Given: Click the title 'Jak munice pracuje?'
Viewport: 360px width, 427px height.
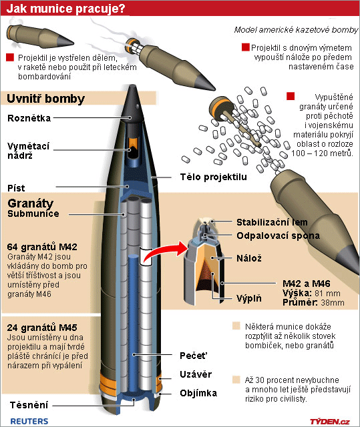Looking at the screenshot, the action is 65,9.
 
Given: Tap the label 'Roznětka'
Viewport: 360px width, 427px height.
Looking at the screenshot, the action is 29,118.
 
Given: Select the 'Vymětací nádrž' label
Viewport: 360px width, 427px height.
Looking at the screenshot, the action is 28,151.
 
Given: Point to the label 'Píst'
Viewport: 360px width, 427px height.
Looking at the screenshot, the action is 16,188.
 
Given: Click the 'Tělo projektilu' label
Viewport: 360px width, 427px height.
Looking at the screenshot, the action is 213,177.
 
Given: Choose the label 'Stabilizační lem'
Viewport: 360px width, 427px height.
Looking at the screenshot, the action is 272,222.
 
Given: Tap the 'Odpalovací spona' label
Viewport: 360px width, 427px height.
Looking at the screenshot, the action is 278,236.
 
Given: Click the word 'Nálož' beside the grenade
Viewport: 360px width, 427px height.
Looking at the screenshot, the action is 249,258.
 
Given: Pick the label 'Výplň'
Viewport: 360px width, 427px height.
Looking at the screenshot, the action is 249,298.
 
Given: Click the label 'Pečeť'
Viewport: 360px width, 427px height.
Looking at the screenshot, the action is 194,356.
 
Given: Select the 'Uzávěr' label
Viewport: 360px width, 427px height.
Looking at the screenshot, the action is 196,374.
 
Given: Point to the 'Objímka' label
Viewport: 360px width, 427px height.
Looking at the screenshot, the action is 198,393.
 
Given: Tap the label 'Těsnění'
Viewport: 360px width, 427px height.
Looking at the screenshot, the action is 29,405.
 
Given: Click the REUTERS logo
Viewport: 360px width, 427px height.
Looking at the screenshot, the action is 29,421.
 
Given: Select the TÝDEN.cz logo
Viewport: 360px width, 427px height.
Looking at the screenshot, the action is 329,422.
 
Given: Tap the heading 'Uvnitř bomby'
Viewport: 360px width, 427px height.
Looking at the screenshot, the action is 46,99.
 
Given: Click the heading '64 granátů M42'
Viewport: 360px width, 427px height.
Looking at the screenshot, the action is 42,247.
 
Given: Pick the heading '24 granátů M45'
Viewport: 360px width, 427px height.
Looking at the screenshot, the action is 42,328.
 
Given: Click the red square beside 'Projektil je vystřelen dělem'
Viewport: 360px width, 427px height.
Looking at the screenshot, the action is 10,57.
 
